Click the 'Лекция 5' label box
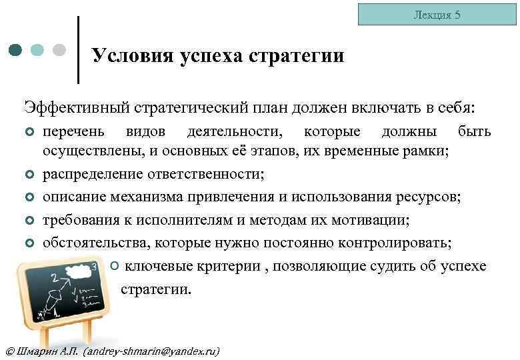pos(437,14)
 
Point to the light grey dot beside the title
pos(59,50)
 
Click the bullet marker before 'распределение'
pos(29,176)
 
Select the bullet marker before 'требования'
pos(29,221)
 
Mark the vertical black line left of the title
pos(79,50)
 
